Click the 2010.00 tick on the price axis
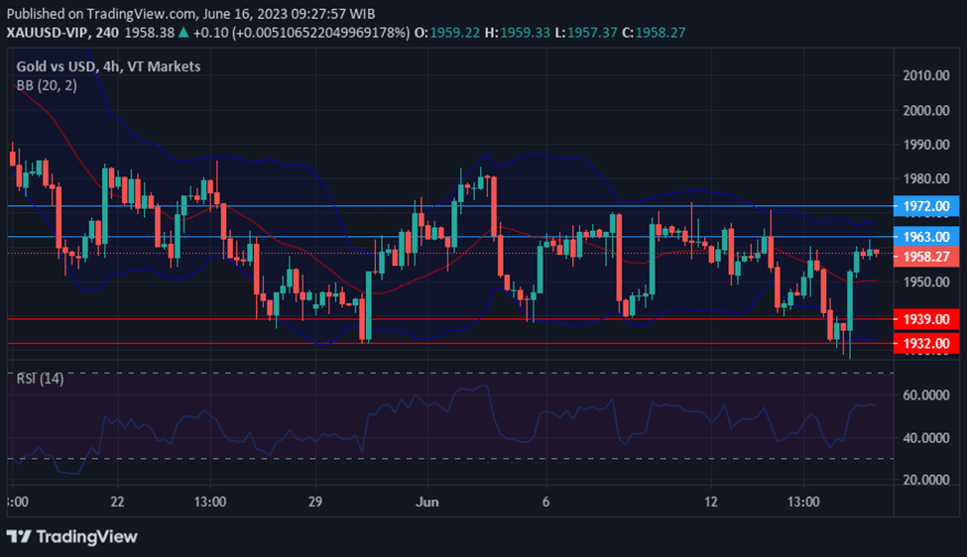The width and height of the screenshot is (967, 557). point(925,75)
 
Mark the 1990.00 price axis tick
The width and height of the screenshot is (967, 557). point(925,145)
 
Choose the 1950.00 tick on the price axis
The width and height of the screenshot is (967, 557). point(925,282)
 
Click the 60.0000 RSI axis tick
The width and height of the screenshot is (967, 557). point(925,395)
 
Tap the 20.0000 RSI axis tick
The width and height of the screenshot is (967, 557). point(925,480)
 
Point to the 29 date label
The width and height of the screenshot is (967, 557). point(315,501)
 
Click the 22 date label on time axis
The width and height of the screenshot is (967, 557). point(118,501)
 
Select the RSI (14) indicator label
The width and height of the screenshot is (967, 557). point(41,379)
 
